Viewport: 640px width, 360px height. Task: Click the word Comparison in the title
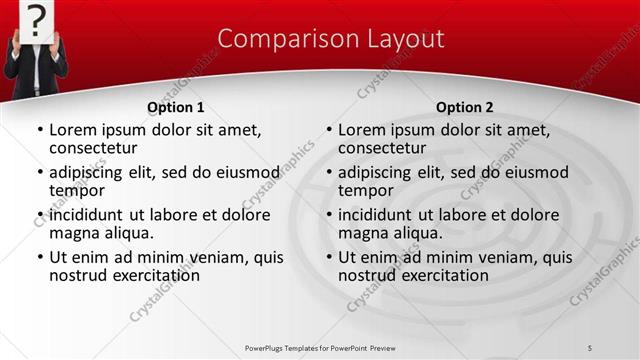click(279, 39)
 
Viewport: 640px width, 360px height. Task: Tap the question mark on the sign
click(36, 18)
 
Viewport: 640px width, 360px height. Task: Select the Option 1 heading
click(176, 107)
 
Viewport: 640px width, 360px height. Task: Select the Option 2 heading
click(464, 107)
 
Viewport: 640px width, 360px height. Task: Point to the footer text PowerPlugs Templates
click(285, 347)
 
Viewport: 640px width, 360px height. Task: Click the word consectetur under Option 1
click(96, 148)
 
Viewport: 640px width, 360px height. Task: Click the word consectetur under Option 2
click(385, 148)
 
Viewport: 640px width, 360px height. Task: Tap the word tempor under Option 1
click(77, 190)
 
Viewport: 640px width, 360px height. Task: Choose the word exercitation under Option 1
click(147, 275)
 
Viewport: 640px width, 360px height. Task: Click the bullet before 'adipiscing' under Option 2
click(329, 173)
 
